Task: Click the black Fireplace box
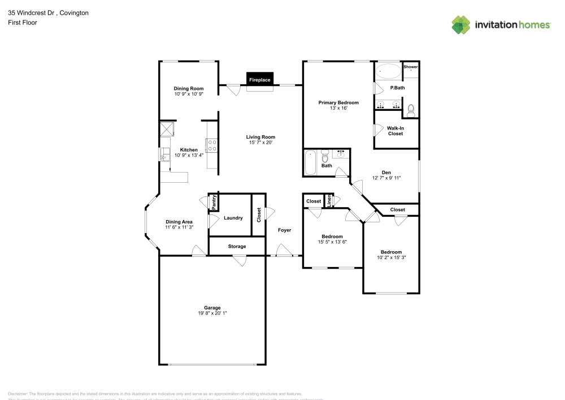[260, 80]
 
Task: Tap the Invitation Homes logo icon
[461, 25]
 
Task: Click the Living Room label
[260, 137]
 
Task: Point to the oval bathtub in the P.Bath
[388, 72]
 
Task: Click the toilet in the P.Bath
[411, 110]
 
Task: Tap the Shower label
[411, 67]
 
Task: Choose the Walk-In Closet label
[395, 131]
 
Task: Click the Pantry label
[214, 202]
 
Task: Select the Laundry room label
[233, 218]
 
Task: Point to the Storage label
[237, 247]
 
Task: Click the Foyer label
[284, 230]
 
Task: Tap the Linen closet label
[329, 201]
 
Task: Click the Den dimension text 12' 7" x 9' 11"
[386, 178]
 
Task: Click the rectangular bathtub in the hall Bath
[310, 163]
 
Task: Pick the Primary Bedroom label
[338, 102]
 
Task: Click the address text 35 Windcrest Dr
[32, 12]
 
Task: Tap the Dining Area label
[179, 222]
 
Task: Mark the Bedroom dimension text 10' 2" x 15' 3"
[391, 257]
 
